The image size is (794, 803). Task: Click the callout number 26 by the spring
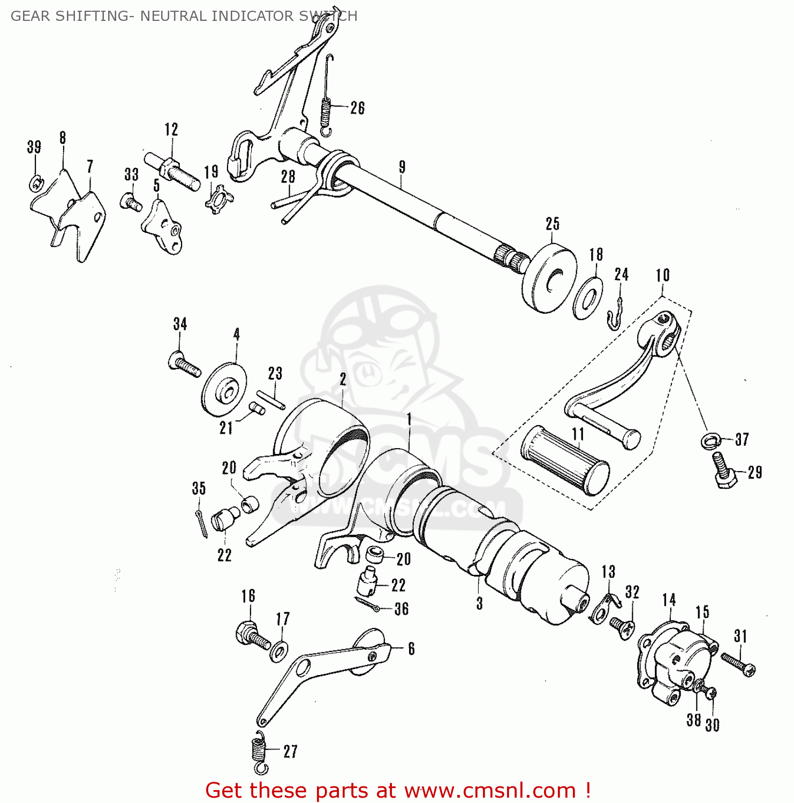coord(357,108)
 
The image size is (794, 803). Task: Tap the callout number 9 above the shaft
coord(402,167)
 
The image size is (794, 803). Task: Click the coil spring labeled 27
coord(259,752)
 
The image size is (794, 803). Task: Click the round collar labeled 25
coord(549,278)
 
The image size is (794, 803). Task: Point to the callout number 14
coord(669,600)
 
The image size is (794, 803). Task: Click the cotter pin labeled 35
coord(201,524)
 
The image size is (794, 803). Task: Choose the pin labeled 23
coord(270,399)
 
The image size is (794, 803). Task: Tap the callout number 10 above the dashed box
coord(662,275)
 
